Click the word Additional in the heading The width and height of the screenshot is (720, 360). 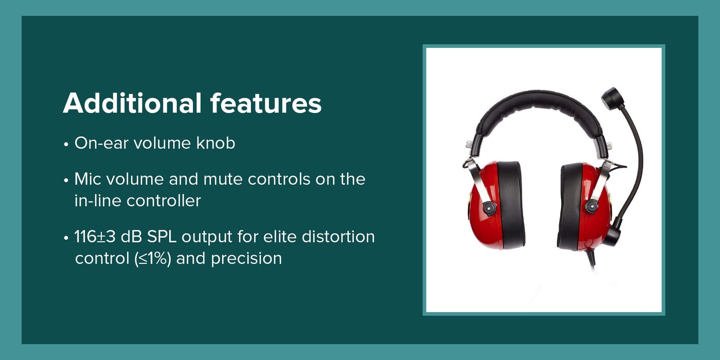[x=132, y=103]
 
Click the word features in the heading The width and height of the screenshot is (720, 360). [x=266, y=103]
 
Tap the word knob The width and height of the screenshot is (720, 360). [x=215, y=143]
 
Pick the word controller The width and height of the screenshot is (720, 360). [x=164, y=201]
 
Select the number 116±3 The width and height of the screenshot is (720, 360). [x=95, y=237]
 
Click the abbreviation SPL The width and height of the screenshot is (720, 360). [x=161, y=237]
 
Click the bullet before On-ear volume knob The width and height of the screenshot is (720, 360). [x=66, y=145]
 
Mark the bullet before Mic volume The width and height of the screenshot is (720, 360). [x=66, y=181]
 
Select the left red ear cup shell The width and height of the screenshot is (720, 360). [x=482, y=206]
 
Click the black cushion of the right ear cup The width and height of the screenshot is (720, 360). [x=571, y=206]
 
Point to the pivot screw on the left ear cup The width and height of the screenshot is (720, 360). [x=488, y=208]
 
